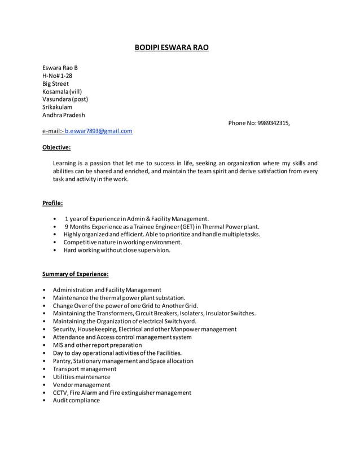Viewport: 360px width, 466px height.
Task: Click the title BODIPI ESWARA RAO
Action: pyautogui.click(x=171, y=47)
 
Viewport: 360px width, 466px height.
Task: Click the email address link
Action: pyautogui.click(x=98, y=131)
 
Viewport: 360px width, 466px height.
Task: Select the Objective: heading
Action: pyautogui.click(x=56, y=147)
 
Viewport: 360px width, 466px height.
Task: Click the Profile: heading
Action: pyautogui.click(x=52, y=203)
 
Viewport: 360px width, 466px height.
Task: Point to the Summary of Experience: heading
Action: pyautogui.click(x=76, y=274)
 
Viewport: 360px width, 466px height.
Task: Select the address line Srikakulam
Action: pyautogui.click(x=57, y=107)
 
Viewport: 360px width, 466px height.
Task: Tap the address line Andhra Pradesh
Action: pyautogui.click(x=64, y=115)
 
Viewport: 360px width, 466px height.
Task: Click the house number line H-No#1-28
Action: pyautogui.click(x=57, y=76)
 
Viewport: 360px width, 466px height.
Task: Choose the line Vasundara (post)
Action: pyautogui.click(x=65, y=99)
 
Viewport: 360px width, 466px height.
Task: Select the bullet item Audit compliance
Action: pyautogui.click(x=76, y=401)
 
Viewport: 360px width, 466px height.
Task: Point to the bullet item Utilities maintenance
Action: pyautogui.click(x=81, y=377)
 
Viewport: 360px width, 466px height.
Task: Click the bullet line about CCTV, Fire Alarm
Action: pyautogui.click(x=122, y=393)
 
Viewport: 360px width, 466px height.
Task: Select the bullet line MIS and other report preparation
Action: pyautogui.click(x=97, y=345)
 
